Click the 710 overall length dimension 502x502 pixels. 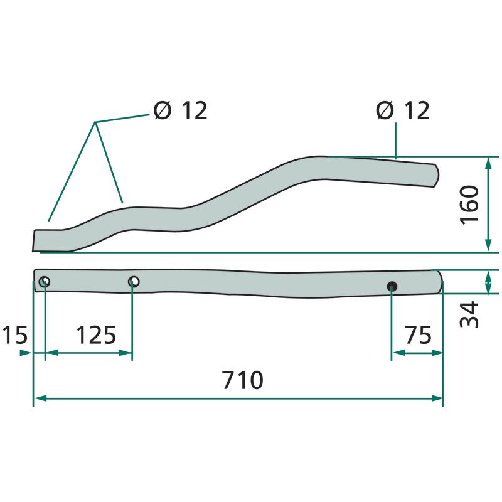(x=243, y=380)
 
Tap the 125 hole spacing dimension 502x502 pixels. (x=96, y=335)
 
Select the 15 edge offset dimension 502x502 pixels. (x=15, y=335)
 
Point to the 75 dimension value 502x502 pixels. (x=418, y=335)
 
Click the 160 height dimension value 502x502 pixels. (x=469, y=205)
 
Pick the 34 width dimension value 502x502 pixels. (x=469, y=314)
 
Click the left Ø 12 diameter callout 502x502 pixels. (x=181, y=111)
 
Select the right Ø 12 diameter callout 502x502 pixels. (x=403, y=111)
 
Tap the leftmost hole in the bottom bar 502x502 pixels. (x=45, y=282)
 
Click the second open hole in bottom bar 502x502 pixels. (x=134, y=282)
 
